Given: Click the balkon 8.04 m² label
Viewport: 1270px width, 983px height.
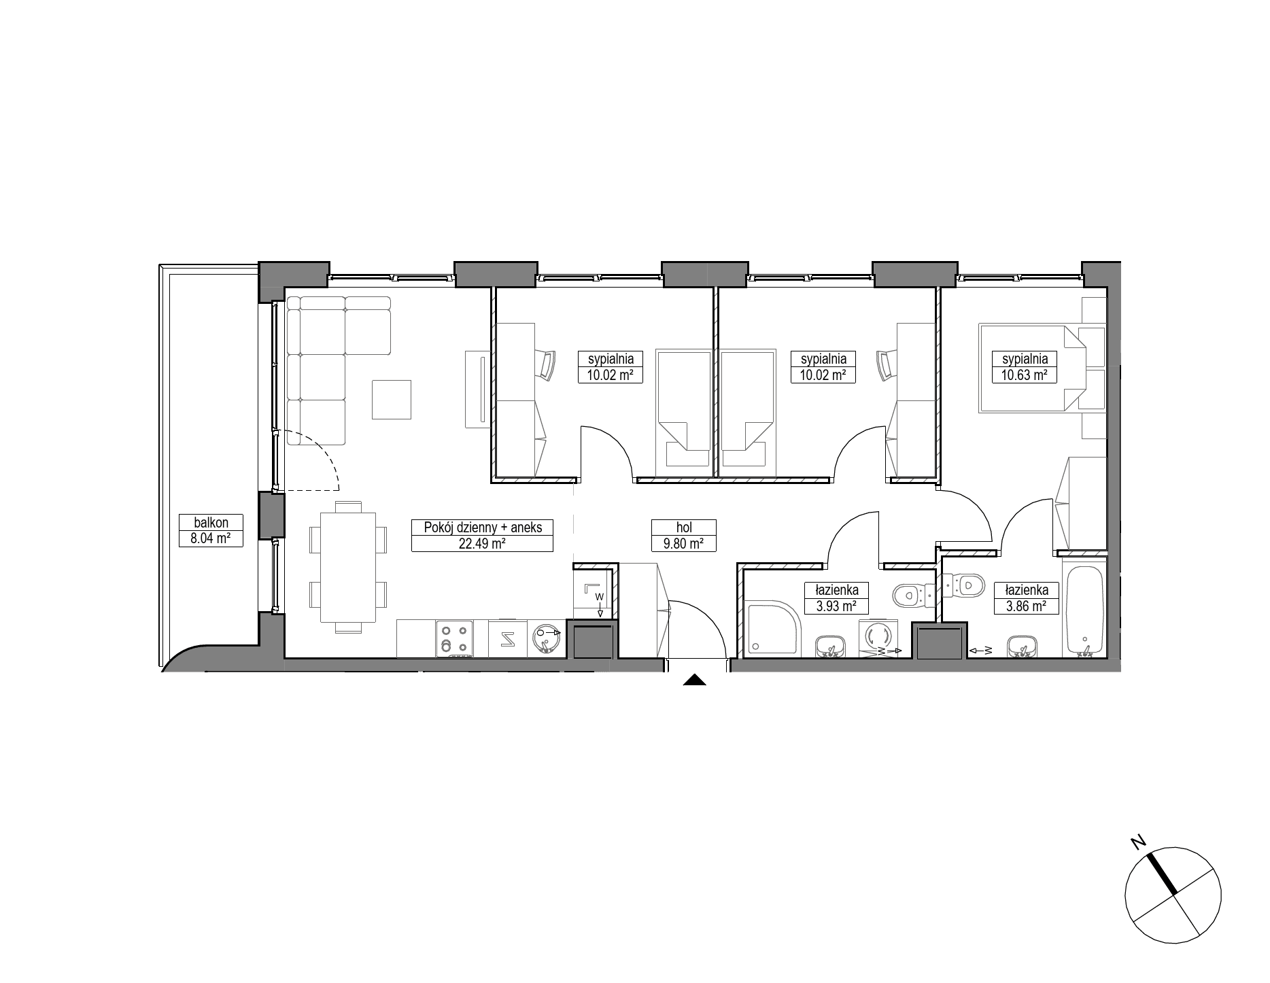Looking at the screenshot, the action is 211,531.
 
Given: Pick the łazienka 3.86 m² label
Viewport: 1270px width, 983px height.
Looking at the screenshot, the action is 1026,598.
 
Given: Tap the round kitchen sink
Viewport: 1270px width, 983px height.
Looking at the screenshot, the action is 545,639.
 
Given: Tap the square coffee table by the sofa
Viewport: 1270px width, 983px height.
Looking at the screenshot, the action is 392,399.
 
